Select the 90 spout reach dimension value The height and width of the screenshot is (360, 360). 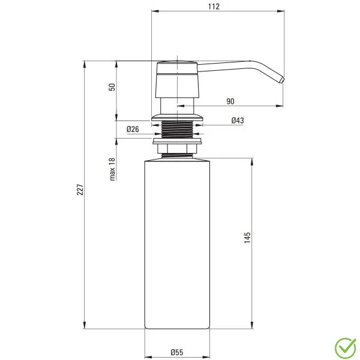pos(230,101)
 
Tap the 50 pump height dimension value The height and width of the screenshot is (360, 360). pos(112,87)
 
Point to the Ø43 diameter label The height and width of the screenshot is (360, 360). pos(237,121)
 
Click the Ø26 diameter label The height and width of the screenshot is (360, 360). pos(133,129)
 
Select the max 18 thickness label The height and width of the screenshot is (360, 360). pos(112,169)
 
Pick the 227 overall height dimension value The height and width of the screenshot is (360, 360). pos(80,191)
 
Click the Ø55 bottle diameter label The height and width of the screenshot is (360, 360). pos(176,352)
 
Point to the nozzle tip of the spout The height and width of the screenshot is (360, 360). pos(280,80)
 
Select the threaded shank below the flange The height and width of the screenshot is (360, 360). pos(178,128)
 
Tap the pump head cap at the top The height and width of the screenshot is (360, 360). pos(176,66)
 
